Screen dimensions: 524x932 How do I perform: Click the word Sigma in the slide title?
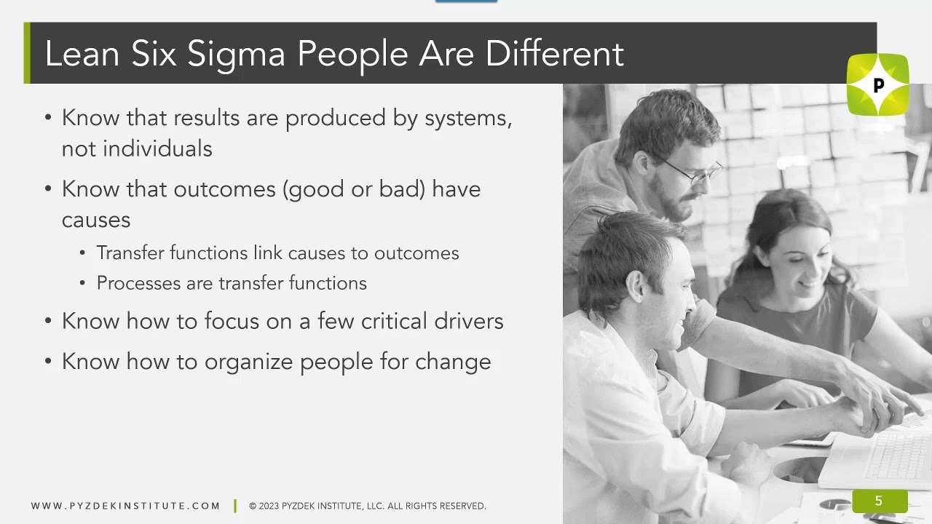[x=236, y=55]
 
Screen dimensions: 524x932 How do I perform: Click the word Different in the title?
[x=554, y=55]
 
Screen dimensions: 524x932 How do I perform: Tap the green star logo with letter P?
[x=877, y=85]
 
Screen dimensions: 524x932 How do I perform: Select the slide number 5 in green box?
[x=879, y=501]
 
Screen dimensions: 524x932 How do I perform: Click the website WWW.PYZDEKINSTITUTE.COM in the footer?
[x=125, y=506]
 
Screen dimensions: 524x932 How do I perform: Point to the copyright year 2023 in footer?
[x=270, y=506]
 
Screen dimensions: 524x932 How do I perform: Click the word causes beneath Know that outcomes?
[x=96, y=220]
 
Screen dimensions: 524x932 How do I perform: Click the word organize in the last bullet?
[x=249, y=362]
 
